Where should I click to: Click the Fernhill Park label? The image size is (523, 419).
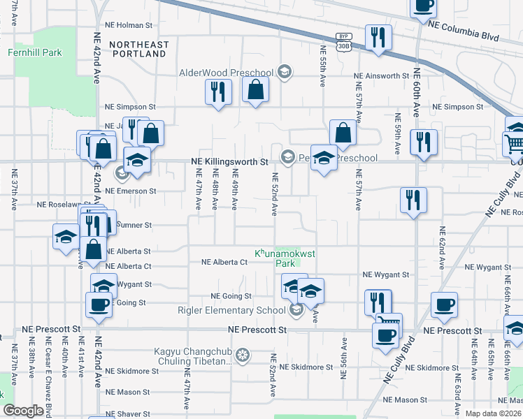coord(34,52)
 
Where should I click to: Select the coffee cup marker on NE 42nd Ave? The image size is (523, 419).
coord(99,304)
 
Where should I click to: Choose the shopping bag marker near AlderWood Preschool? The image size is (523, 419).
coord(256,89)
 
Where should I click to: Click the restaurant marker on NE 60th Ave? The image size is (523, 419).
coord(423,142)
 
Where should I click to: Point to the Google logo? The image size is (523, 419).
coord(23,411)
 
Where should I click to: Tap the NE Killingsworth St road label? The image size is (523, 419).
coord(229,161)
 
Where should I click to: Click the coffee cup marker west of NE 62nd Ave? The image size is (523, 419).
coord(444,304)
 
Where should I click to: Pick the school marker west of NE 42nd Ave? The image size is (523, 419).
coord(66,237)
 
